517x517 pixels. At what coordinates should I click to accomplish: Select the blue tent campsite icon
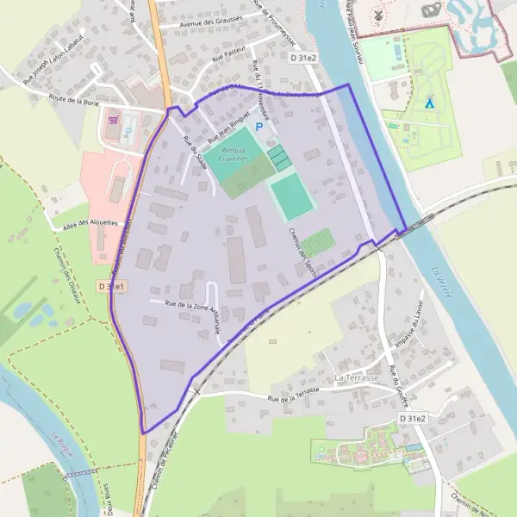[x=428, y=102]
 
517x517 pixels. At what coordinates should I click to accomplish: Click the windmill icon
[x=376, y=16]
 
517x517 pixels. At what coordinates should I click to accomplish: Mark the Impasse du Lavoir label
[x=412, y=331]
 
